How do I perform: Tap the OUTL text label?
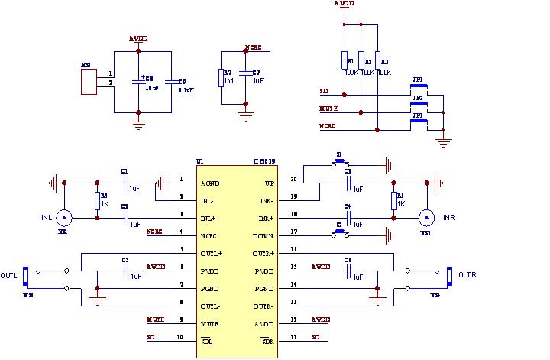[8, 275]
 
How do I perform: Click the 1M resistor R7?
[221, 77]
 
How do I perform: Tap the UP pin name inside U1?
[268, 183]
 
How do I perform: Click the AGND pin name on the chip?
[210, 183]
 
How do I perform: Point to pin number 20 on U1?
[294, 180]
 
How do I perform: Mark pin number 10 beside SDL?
[180, 336]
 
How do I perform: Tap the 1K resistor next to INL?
[97, 200]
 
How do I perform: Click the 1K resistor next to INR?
[395, 200]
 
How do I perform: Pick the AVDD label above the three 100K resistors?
[345, 4]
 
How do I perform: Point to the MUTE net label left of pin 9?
[156, 319]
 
